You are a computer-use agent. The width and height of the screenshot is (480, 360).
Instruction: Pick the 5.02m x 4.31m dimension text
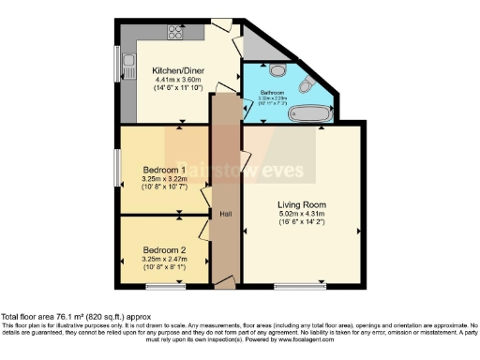click(300, 215)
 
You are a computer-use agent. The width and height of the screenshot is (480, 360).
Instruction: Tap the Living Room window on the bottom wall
click(300, 283)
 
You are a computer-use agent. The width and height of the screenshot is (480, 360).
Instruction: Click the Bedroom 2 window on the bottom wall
click(171, 283)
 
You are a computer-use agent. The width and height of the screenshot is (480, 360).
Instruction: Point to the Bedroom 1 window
click(118, 167)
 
